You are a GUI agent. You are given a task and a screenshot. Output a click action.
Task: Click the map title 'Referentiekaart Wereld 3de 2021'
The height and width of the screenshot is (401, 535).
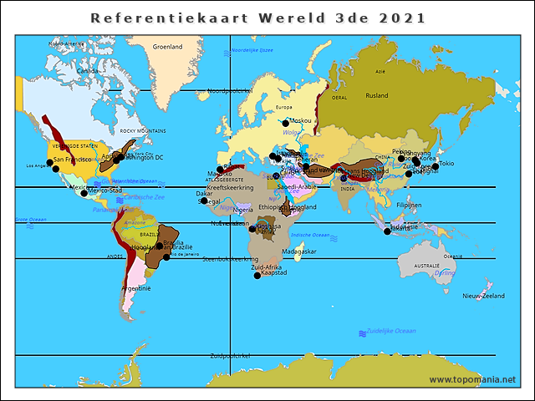pyautogui.click(x=257, y=18)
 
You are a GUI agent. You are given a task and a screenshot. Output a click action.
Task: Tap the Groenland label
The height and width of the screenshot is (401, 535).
pyautogui.click(x=167, y=47)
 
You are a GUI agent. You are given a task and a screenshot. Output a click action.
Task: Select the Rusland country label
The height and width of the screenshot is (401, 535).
pyautogui.click(x=376, y=95)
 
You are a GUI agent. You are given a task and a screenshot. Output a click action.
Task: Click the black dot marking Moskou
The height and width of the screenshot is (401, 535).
pyautogui.click(x=285, y=124)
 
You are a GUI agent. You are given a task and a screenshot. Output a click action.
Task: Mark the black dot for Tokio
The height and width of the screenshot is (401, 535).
pyautogui.click(x=436, y=166)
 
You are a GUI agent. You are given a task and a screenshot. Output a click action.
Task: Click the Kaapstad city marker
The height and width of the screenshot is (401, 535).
pyautogui.click(x=257, y=276)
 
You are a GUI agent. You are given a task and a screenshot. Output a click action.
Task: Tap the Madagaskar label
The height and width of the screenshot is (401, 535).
pyautogui.click(x=298, y=251)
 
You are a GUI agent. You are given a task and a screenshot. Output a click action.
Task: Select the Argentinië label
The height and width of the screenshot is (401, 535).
pyautogui.click(x=135, y=288)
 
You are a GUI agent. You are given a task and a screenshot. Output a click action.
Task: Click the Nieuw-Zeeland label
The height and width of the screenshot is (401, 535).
pyautogui.click(x=483, y=297)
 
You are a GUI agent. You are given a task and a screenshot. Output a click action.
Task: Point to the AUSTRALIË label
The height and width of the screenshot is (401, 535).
pyautogui.click(x=426, y=266)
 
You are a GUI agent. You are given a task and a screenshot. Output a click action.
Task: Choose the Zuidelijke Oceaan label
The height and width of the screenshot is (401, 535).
pyautogui.click(x=392, y=331)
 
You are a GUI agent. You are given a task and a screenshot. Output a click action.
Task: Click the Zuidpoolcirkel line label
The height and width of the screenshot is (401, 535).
pyautogui.click(x=231, y=355)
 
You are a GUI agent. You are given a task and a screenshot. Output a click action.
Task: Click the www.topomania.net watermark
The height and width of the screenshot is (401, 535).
pyautogui.click(x=472, y=379)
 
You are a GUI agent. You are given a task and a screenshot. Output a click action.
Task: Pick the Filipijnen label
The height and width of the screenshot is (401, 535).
pyautogui.click(x=409, y=205)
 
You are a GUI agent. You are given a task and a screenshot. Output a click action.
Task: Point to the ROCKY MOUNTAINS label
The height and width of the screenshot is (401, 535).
pyautogui.click(x=143, y=131)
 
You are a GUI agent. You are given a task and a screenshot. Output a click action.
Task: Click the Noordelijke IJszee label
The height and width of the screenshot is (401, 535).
pyautogui.click(x=252, y=50)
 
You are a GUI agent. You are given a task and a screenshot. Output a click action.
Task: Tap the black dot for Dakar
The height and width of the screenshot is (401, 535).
pyautogui.click(x=204, y=200)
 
